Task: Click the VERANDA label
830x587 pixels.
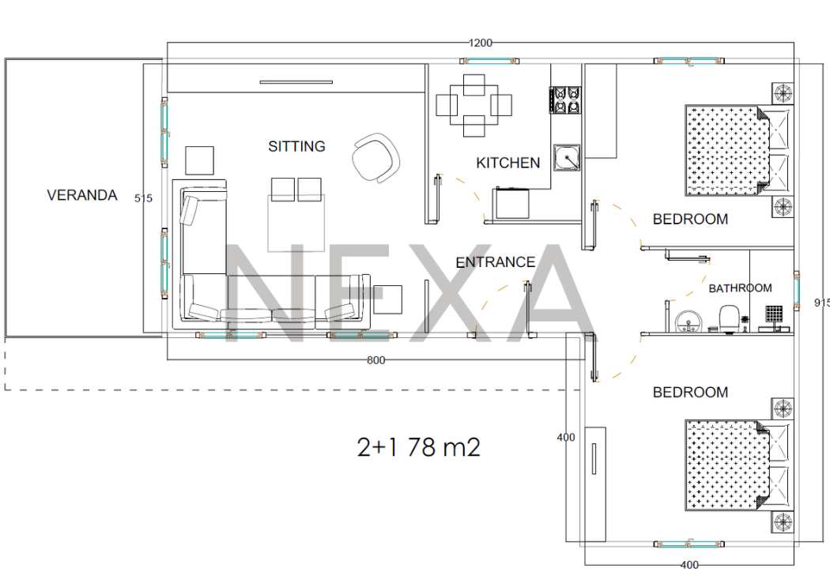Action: pos(82,195)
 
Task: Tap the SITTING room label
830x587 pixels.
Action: pos(296,146)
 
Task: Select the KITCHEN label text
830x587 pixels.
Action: pos(508,162)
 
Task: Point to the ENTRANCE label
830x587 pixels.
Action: pos(496,262)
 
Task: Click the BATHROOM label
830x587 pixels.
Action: pos(740,288)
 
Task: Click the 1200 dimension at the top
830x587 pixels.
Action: pos(481,43)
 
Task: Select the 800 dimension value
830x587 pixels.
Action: pos(375,361)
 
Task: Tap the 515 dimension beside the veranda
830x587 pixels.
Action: pos(143,198)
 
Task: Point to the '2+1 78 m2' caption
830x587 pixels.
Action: pos(419,447)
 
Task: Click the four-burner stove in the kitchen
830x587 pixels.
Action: pos(567,100)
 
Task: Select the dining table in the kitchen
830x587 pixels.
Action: pos(473,105)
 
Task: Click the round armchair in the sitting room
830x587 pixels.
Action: pos(375,157)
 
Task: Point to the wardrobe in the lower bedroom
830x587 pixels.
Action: pos(595,484)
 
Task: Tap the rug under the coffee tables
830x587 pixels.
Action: pos(296,223)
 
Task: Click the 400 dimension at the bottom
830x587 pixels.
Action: pos(689,566)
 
